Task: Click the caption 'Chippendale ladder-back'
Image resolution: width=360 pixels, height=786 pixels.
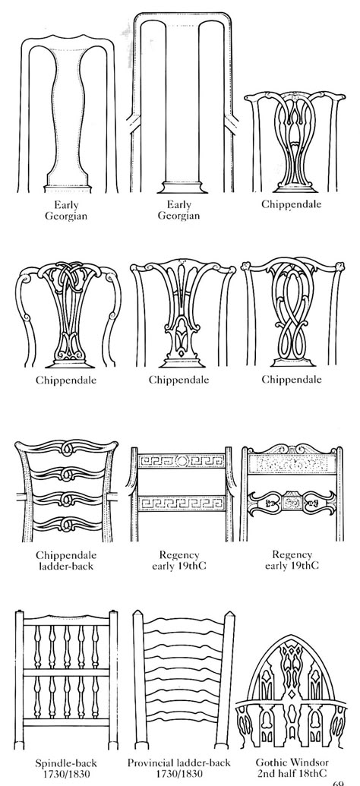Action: tap(66, 561)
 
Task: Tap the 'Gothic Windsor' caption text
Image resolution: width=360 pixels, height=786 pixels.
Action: tap(292, 762)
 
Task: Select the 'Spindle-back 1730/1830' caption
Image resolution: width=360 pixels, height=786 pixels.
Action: tap(65, 768)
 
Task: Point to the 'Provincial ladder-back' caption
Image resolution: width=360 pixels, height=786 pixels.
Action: tap(179, 762)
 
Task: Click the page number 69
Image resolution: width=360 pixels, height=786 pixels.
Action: tap(339, 782)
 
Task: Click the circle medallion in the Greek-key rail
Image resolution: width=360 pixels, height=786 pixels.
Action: tap(181, 460)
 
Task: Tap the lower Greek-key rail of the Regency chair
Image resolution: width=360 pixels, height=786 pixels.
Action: tap(181, 503)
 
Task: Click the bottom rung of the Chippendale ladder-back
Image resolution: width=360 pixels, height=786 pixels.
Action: tap(66, 524)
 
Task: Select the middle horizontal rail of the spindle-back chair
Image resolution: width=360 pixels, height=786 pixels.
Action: tap(66, 672)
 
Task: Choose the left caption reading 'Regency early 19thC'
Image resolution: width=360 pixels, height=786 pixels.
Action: tap(179, 561)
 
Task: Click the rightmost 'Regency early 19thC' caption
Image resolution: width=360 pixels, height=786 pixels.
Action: tap(292, 560)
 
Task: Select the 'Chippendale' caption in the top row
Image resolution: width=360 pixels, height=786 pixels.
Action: tap(292, 204)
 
